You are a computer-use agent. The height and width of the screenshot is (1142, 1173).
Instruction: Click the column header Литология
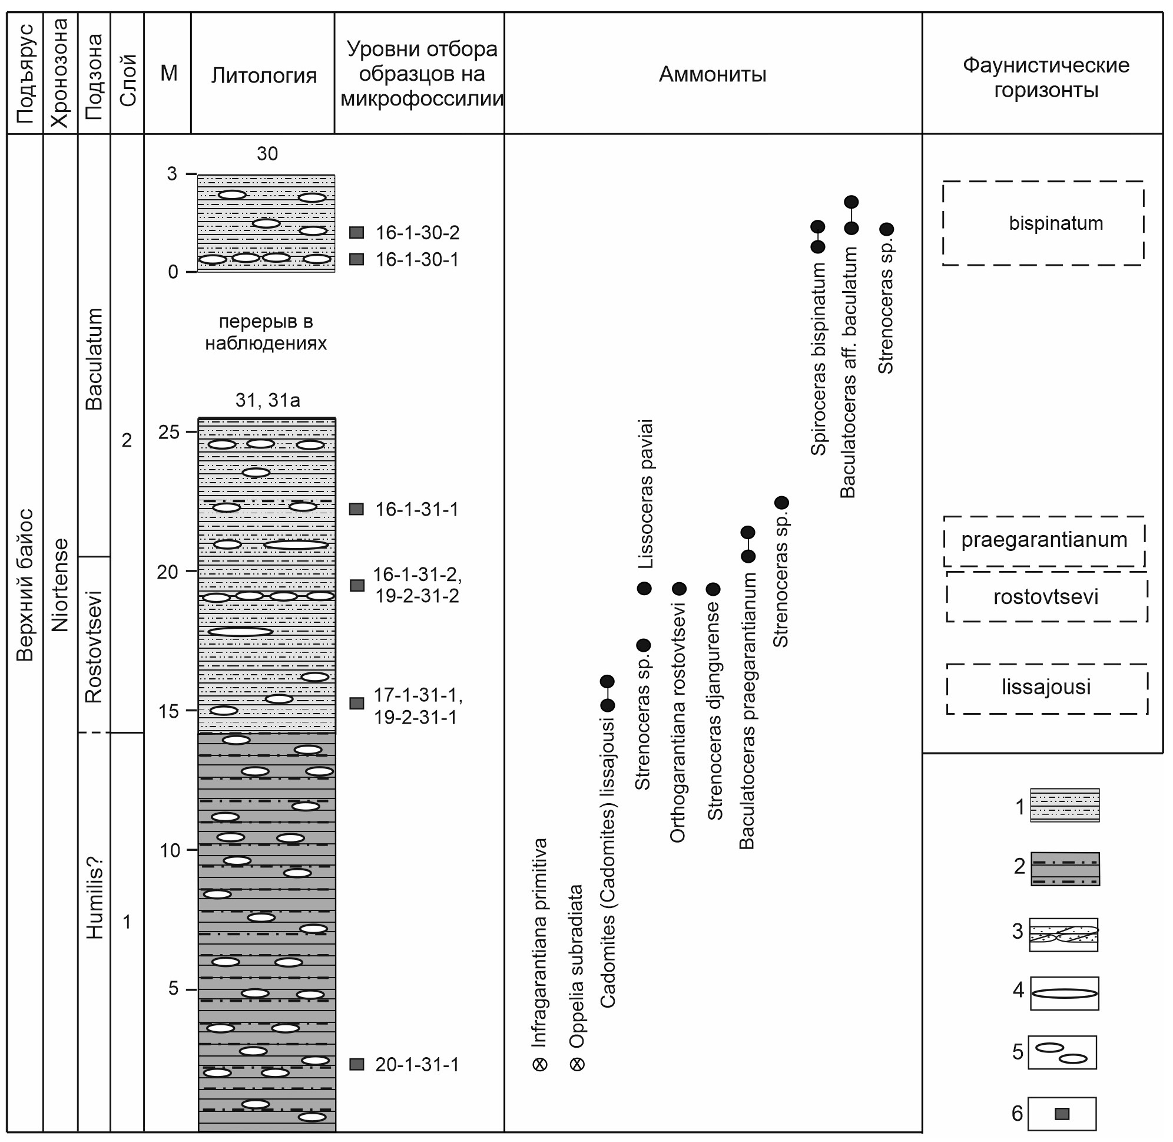pyautogui.click(x=263, y=75)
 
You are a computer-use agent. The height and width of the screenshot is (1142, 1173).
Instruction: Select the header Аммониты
pyautogui.click(x=712, y=74)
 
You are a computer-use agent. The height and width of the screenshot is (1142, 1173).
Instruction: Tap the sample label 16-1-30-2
pyautogui.click(x=417, y=233)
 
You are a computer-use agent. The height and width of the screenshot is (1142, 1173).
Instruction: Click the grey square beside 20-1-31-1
pyautogui.click(x=357, y=1065)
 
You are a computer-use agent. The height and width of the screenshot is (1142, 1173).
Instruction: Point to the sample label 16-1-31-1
pyautogui.click(x=416, y=509)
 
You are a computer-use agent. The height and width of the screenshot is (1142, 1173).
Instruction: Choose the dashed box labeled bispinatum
pyautogui.click(x=1043, y=223)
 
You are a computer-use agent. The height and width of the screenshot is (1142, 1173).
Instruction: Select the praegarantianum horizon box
pyautogui.click(x=1044, y=540)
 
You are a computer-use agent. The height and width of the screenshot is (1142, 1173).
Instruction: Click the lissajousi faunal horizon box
pyautogui.click(x=1046, y=687)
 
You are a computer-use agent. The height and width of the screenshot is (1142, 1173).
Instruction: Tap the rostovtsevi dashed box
pyautogui.click(x=1046, y=597)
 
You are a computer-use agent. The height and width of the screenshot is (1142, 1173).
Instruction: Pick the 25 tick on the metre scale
pyautogui.click(x=191, y=431)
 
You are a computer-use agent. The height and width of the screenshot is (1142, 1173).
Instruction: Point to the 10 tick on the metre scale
pyautogui.click(x=191, y=849)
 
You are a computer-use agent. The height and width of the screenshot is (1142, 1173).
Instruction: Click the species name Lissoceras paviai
pyautogui.click(x=645, y=494)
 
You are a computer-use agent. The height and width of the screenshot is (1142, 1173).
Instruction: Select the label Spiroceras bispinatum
pyautogui.click(x=818, y=359)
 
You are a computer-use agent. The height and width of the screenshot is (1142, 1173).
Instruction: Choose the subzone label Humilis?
pyautogui.click(x=95, y=897)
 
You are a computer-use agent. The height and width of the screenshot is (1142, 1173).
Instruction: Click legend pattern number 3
pyautogui.click(x=1063, y=935)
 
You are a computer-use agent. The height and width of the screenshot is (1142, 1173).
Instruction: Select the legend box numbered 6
pyautogui.click(x=1062, y=1114)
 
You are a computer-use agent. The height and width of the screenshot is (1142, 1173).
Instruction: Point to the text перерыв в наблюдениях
pyautogui.click(x=266, y=332)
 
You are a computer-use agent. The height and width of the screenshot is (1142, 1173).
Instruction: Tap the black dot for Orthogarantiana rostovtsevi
pyautogui.click(x=678, y=589)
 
